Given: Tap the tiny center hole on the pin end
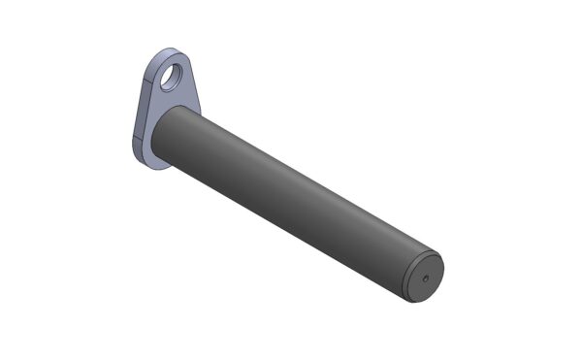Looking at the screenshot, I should tap(425, 278).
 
